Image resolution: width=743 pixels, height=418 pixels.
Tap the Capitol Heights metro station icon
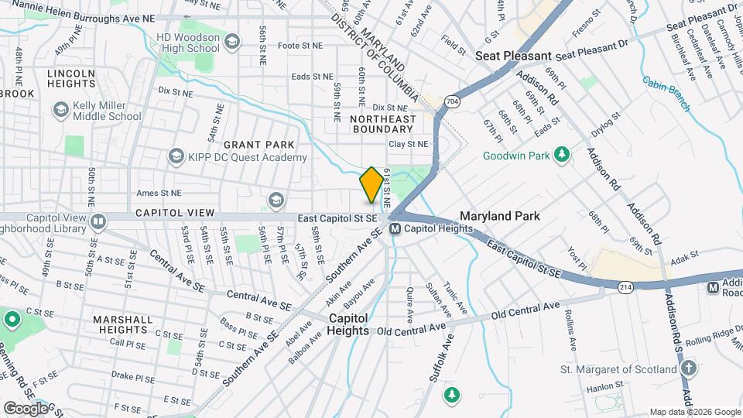pos(395,228)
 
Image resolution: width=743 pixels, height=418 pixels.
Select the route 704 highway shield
pos(451,101)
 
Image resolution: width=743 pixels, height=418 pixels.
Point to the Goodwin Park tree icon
pos(563,156)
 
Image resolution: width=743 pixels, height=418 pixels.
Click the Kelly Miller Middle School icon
pos(60,110)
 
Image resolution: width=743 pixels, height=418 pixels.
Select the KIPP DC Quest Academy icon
pos(176,157)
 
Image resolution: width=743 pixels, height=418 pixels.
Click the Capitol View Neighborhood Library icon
pos(98,223)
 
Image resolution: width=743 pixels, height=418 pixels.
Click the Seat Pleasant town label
pos(512,56)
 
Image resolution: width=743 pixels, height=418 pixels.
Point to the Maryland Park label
pos(500,216)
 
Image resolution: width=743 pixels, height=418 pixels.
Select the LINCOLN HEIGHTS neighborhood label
pos(71,79)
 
